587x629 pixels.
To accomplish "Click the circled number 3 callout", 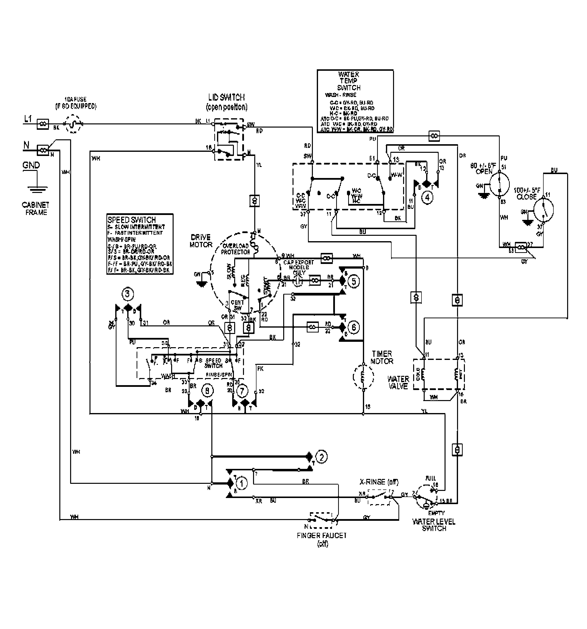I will click(x=127, y=294).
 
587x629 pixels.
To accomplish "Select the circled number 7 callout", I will click(x=242, y=392).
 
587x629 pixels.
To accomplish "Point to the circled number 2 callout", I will click(x=321, y=457).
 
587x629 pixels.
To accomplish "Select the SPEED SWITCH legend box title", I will click(x=131, y=220).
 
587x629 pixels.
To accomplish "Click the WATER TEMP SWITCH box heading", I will click(x=348, y=81).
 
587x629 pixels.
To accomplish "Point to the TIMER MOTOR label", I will click(x=382, y=357).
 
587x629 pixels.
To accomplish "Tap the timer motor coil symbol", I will click(x=363, y=377).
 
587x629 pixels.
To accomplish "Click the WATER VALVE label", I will click(x=398, y=382).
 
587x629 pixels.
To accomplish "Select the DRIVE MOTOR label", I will click(x=201, y=241).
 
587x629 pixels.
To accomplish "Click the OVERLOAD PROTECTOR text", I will click(x=235, y=249).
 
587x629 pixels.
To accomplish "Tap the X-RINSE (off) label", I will click(x=379, y=482).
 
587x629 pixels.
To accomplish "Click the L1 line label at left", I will click(x=28, y=119).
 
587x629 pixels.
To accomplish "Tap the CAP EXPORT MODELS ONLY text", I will click(x=298, y=267).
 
